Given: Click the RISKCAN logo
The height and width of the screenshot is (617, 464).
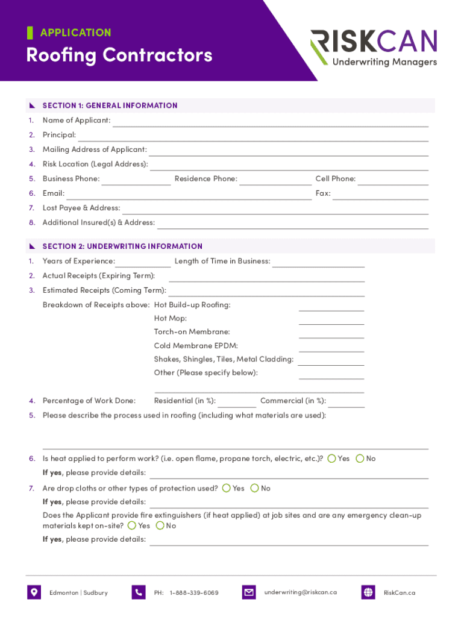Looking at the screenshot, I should click(x=374, y=48).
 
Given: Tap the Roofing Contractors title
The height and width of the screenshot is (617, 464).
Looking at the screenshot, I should click(x=119, y=55).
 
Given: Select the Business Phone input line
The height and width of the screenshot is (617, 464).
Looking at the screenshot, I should click(x=136, y=181).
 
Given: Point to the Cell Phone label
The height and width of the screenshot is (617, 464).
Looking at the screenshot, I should click(x=336, y=179).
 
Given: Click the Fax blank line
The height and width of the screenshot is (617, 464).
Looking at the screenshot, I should click(x=380, y=195).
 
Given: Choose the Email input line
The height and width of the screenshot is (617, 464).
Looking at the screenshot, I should click(x=189, y=195).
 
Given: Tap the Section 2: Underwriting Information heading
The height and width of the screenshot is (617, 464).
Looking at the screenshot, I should click(x=122, y=246).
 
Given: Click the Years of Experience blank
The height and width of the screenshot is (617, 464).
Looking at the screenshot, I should click(x=143, y=263).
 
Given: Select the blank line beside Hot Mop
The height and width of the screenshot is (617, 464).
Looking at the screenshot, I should click(x=331, y=320).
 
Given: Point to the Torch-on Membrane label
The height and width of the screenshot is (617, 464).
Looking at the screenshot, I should click(x=192, y=332).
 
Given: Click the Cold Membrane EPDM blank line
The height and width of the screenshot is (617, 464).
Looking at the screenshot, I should click(x=331, y=348).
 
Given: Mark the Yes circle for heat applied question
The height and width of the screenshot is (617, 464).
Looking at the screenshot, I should click(x=332, y=459).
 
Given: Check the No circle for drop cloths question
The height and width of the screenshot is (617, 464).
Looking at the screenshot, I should click(x=255, y=488).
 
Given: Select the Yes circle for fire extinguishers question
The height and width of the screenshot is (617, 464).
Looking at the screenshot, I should click(x=132, y=525).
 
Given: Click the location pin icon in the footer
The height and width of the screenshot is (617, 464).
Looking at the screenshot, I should click(x=34, y=592).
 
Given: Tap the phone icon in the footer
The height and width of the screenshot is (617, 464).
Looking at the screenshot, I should click(x=139, y=592).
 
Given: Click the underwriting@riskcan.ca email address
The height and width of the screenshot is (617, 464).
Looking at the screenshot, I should click(x=300, y=592).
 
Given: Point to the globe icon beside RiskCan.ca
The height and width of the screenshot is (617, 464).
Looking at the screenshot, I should click(x=368, y=592).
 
